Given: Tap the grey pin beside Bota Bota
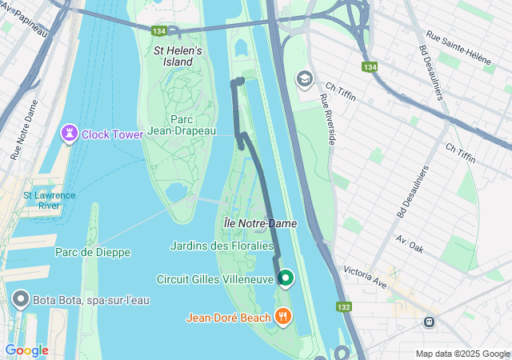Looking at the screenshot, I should pos(21,301).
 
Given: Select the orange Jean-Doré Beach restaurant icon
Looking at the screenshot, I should pos(282,317).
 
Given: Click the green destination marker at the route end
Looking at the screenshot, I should pos(286,278).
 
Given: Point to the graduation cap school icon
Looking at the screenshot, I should pos(304,78).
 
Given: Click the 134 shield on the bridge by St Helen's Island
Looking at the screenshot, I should pos(159,31).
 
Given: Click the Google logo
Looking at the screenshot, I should pos(26,350).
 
